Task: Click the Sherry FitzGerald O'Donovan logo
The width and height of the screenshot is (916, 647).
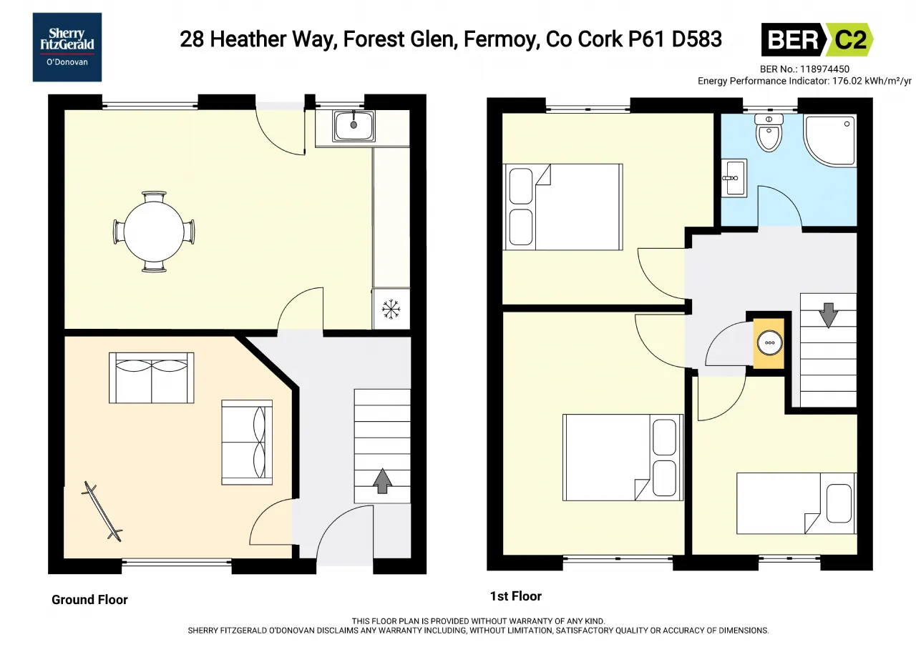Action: tap(67, 47)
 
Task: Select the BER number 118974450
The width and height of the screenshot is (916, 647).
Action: tap(824, 69)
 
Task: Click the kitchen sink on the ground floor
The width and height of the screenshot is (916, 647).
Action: tap(354, 126)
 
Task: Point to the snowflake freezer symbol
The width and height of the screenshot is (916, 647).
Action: tap(391, 309)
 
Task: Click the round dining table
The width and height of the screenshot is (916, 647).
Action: tap(154, 232)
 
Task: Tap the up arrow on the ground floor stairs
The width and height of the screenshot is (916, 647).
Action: tap(382, 481)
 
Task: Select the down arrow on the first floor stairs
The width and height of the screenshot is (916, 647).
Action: tap(829, 315)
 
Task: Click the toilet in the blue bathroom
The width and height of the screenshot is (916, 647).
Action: tap(769, 133)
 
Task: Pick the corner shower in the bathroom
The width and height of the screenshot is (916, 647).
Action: tap(830, 140)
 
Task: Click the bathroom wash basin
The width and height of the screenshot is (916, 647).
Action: tap(734, 178)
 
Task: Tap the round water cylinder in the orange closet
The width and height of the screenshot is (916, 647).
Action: tap(769, 343)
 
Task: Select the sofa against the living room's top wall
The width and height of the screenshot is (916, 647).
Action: tap(151, 377)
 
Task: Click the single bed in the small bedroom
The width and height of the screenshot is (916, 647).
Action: tap(796, 503)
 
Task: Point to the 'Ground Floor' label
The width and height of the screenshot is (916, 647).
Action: tap(89, 600)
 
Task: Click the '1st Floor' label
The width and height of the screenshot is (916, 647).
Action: tap(516, 596)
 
